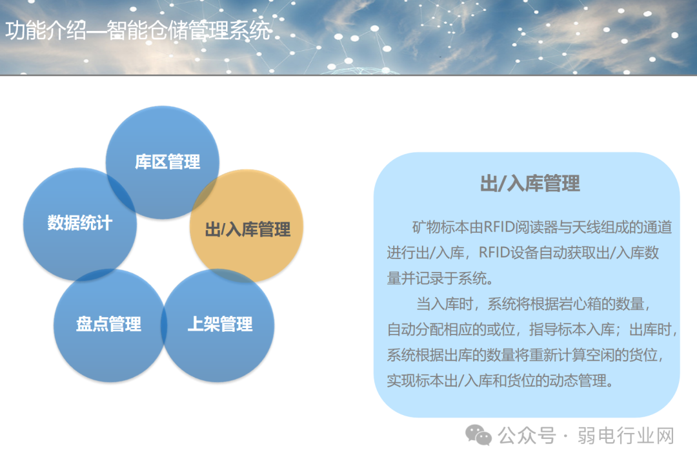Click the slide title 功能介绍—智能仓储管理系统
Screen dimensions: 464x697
(x=138, y=30)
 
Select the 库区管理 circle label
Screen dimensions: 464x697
(x=168, y=162)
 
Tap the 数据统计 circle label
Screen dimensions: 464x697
(x=80, y=223)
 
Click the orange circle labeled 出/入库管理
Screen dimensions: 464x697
(x=247, y=229)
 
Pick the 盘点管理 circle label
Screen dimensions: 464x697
(x=108, y=324)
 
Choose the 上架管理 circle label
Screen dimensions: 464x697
(x=220, y=324)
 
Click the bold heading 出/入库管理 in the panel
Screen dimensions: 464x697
(x=529, y=184)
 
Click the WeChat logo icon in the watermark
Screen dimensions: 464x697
(x=478, y=436)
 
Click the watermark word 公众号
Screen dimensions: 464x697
(x=527, y=436)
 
